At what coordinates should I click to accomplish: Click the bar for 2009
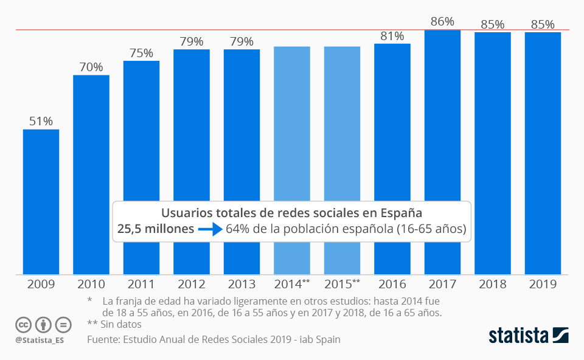click(41, 201)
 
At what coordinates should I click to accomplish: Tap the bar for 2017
click(442, 152)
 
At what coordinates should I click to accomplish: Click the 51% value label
click(41, 121)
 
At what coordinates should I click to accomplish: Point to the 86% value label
click(442, 21)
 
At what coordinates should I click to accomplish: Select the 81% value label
click(392, 36)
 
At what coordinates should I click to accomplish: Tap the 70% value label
click(91, 67)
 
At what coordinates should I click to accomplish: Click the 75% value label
click(141, 53)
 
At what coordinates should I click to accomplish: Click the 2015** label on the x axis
click(342, 284)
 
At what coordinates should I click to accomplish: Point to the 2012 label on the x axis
click(192, 284)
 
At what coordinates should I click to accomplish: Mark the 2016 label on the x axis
click(392, 284)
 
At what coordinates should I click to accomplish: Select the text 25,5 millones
click(155, 230)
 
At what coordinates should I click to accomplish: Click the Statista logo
click(528, 335)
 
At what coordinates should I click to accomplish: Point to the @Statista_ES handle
click(40, 339)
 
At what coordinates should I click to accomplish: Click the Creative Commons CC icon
click(24, 324)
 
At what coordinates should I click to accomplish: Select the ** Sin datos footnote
click(114, 324)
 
